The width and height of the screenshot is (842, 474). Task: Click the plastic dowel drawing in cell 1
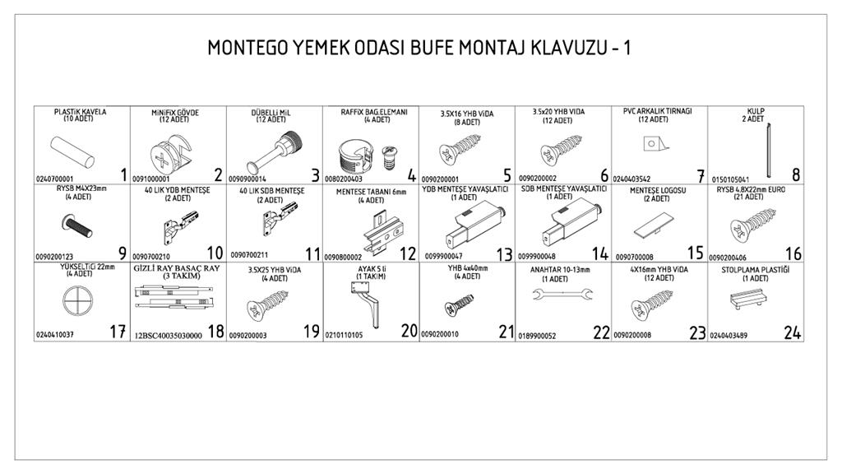(x=72, y=152)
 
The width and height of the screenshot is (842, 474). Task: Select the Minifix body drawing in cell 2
(x=171, y=153)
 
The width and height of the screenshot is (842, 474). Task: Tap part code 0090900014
(x=247, y=179)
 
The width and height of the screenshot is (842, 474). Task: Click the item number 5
(x=507, y=174)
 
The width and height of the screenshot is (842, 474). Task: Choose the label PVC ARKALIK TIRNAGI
(x=657, y=111)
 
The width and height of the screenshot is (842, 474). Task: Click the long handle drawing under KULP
(x=769, y=151)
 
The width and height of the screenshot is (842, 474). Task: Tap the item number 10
(x=215, y=253)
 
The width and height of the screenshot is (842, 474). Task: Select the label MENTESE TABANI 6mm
(x=371, y=192)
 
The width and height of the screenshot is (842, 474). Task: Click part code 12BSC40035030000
(x=169, y=336)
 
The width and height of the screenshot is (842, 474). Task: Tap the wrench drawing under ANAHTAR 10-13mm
(x=562, y=294)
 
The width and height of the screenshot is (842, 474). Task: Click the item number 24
(x=792, y=333)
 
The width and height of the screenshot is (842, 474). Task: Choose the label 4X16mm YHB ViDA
(x=659, y=270)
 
